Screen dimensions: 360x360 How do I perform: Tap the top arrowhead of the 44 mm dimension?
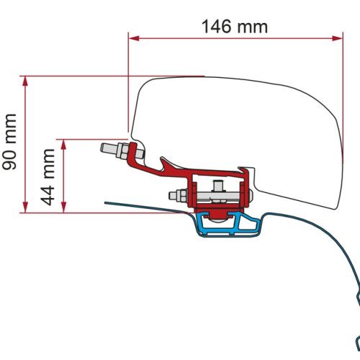coord(66,143)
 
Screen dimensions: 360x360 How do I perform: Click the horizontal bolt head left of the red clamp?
coord(175,195)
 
